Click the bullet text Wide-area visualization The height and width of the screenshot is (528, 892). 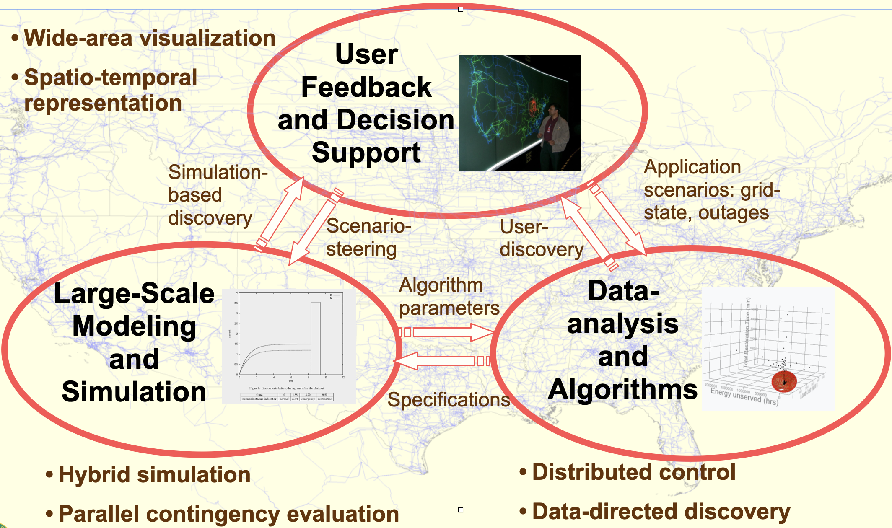tap(149, 39)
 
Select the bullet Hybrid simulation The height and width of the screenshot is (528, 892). tap(154, 475)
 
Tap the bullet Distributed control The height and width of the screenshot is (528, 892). tap(633, 472)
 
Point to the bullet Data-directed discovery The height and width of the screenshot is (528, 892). tap(661, 512)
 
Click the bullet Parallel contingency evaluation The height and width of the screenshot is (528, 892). tap(228, 514)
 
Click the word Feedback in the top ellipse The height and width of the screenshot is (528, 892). tap(366, 87)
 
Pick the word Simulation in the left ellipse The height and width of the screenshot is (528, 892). tap(134, 391)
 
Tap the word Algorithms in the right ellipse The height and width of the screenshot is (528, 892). tap(622, 389)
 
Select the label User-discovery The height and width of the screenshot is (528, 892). tap(541, 238)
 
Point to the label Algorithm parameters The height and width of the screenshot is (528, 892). tap(449, 297)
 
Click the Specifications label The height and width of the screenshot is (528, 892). tap(449, 400)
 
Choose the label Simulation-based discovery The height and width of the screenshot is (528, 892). tap(217, 195)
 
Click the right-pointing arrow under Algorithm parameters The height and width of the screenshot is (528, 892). tap(449, 332)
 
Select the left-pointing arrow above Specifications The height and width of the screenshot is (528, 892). tap(440, 361)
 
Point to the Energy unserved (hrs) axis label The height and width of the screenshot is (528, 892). tap(744, 396)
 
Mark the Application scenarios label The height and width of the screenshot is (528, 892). tap(711, 190)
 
